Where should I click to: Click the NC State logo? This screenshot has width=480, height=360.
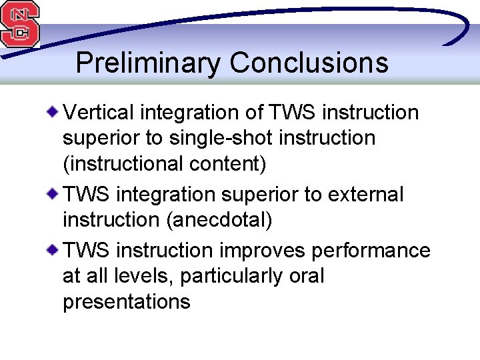click(x=19, y=24)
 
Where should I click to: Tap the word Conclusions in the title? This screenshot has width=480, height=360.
click(x=309, y=63)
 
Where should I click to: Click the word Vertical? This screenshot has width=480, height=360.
click(x=97, y=113)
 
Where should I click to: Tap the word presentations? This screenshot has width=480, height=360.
click(x=126, y=302)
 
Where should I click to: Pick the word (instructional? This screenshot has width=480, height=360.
click(x=119, y=164)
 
